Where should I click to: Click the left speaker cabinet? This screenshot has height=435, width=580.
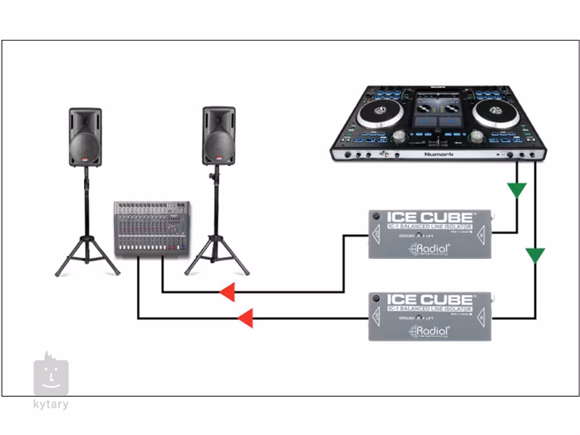pyautogui.click(x=85, y=137)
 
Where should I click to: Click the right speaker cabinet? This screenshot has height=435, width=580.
pyautogui.click(x=219, y=135)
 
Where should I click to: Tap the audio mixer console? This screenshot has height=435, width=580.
pyautogui.click(x=151, y=228)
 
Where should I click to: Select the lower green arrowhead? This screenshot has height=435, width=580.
pyautogui.click(x=535, y=254)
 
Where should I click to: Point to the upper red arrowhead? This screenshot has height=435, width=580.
pyautogui.click(x=227, y=292)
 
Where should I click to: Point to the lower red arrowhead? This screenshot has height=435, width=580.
pyautogui.click(x=245, y=317)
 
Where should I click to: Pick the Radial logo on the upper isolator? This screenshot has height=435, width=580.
pyautogui.click(x=430, y=249)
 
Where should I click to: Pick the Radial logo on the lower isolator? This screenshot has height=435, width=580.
pyautogui.click(x=430, y=331)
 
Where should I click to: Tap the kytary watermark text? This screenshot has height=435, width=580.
pyautogui.click(x=51, y=404)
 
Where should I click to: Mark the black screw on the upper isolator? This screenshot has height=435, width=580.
pyautogui.click(x=376, y=217)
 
